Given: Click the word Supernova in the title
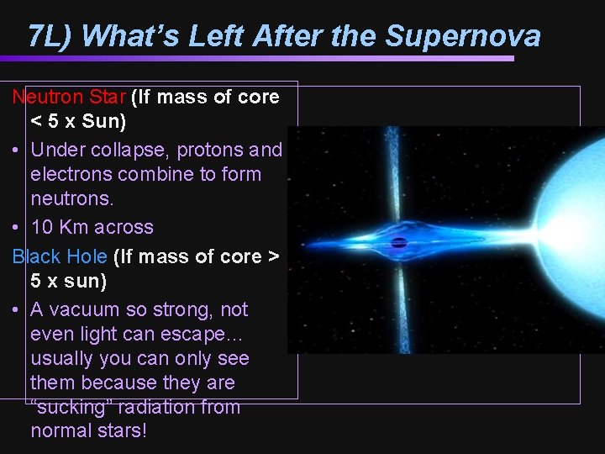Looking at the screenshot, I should [x=462, y=36].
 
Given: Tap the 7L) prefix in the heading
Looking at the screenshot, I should [x=52, y=36].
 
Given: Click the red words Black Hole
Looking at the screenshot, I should [x=59, y=256].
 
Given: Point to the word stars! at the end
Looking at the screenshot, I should [x=122, y=431].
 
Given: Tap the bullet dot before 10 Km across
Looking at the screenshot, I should [x=17, y=227].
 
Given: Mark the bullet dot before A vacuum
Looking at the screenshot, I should [x=17, y=309].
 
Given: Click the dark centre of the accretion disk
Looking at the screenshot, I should [x=400, y=244].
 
